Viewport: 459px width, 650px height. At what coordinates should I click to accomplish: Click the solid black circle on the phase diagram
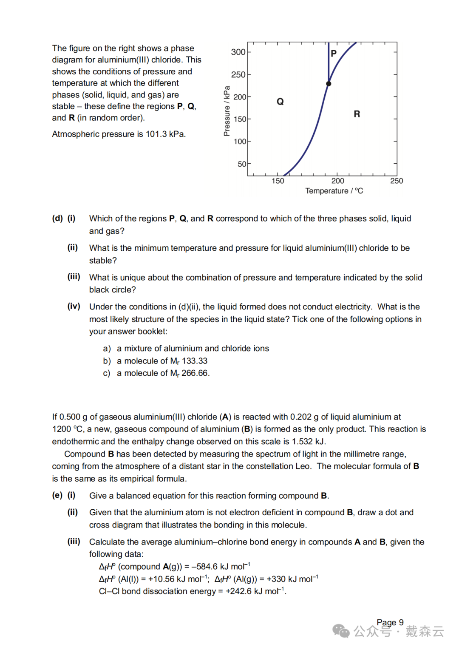[x=329, y=84]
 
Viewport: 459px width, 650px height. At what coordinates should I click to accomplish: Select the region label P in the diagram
[x=334, y=54]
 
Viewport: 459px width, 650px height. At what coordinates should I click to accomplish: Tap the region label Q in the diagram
[x=280, y=102]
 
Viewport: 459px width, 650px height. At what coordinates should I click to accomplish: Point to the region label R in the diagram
[x=357, y=114]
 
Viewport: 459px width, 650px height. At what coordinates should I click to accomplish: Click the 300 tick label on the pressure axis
[x=238, y=52]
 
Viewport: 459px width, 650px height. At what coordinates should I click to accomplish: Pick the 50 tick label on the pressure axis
[x=241, y=164]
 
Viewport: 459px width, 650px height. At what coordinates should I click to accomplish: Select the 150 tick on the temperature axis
[x=278, y=181]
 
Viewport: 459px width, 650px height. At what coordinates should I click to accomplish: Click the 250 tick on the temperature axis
[x=396, y=181]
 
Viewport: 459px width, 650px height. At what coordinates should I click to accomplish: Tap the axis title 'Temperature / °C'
[x=334, y=191]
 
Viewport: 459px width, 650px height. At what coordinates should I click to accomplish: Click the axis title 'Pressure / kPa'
[x=227, y=111]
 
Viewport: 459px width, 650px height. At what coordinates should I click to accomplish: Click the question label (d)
[x=57, y=219]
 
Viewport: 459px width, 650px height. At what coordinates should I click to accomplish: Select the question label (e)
[x=57, y=495]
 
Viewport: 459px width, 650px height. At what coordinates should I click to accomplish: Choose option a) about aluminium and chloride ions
[x=186, y=349]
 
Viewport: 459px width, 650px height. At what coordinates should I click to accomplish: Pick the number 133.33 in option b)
[x=195, y=361]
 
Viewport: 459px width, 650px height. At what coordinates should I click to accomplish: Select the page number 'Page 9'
[x=390, y=622]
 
